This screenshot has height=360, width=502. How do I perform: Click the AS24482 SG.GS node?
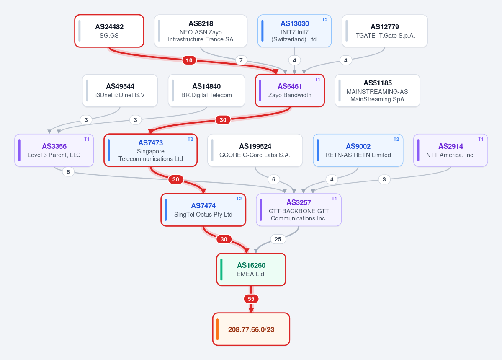(x=109, y=31)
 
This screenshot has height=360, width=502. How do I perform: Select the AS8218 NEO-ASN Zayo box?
(x=201, y=31)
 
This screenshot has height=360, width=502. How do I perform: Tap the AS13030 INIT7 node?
(x=294, y=31)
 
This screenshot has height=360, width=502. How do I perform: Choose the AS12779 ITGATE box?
(x=384, y=31)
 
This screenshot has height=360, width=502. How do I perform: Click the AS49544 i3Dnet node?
(x=120, y=91)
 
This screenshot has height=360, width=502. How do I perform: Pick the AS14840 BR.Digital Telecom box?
(x=206, y=91)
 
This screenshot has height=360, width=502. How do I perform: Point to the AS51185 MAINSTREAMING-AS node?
(x=377, y=91)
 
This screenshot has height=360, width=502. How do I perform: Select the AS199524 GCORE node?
(x=255, y=150)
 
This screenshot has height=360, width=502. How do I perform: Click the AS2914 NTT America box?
(x=451, y=150)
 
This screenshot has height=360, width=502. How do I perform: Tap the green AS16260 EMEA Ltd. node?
(x=251, y=269)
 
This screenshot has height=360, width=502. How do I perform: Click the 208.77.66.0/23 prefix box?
(x=251, y=329)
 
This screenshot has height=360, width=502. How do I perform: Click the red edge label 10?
(x=189, y=60)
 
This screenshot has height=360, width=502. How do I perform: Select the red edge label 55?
(x=251, y=299)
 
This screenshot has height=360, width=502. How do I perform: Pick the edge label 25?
(x=278, y=239)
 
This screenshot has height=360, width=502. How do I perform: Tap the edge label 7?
(x=241, y=60)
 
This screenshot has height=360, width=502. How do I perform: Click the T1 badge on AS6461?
(x=317, y=80)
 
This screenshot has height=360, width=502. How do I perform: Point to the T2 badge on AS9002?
(x=396, y=139)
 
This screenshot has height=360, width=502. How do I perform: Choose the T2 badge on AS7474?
(x=239, y=199)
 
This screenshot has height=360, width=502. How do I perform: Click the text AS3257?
(x=299, y=202)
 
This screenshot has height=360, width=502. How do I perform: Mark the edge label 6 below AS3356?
(x=68, y=172)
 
